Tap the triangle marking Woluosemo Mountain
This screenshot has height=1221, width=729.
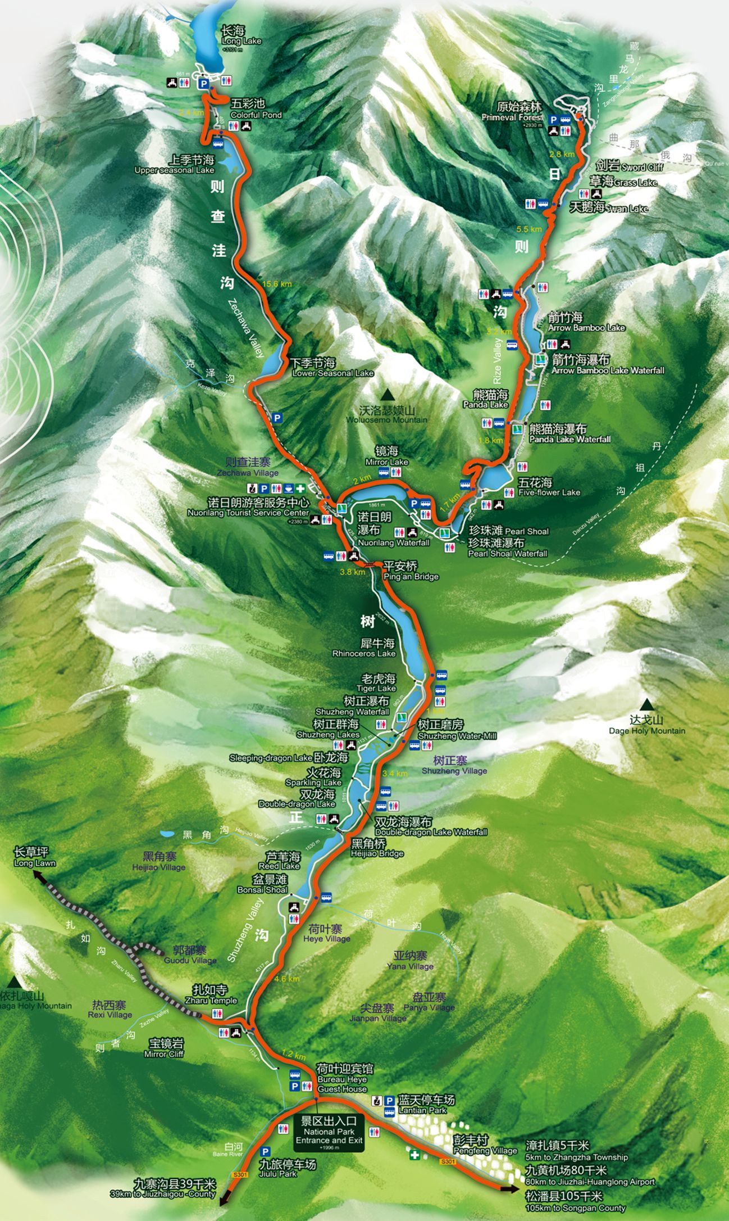point(387,395)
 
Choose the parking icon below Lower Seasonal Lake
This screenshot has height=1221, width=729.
point(276,418)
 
